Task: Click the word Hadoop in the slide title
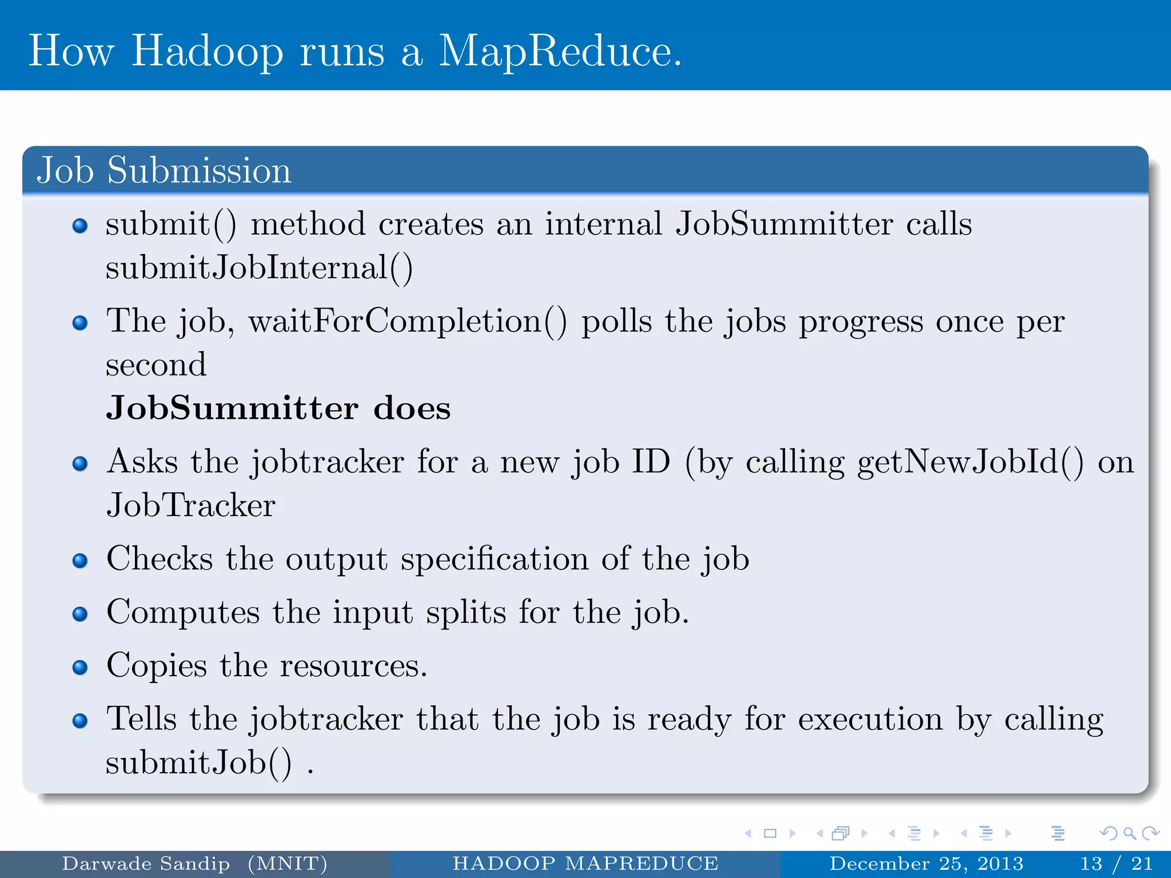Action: pyautogui.click(x=207, y=51)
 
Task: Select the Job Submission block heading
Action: pyautogui.click(x=164, y=170)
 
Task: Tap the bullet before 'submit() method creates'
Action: pyautogui.click(x=80, y=226)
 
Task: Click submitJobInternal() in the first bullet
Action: pyautogui.click(x=259, y=268)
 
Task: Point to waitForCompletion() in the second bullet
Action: pyautogui.click(x=408, y=321)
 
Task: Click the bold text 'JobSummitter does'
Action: pyautogui.click(x=278, y=408)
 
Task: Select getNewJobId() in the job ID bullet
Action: pyautogui.click(x=970, y=461)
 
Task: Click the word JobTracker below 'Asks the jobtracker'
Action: pyautogui.click(x=191, y=505)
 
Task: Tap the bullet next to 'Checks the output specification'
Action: pyautogui.click(x=80, y=561)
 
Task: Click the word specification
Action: pyautogui.click(x=495, y=560)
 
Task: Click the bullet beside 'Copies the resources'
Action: pyautogui.click(x=80, y=667)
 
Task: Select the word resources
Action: pyautogui.click(x=353, y=666)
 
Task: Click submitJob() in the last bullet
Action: pyautogui.click(x=198, y=763)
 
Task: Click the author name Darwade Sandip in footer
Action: pyautogui.click(x=146, y=864)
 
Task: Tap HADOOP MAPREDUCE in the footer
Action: pyautogui.click(x=585, y=864)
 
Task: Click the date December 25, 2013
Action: pyautogui.click(x=926, y=864)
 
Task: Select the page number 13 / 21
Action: pyautogui.click(x=1116, y=864)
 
